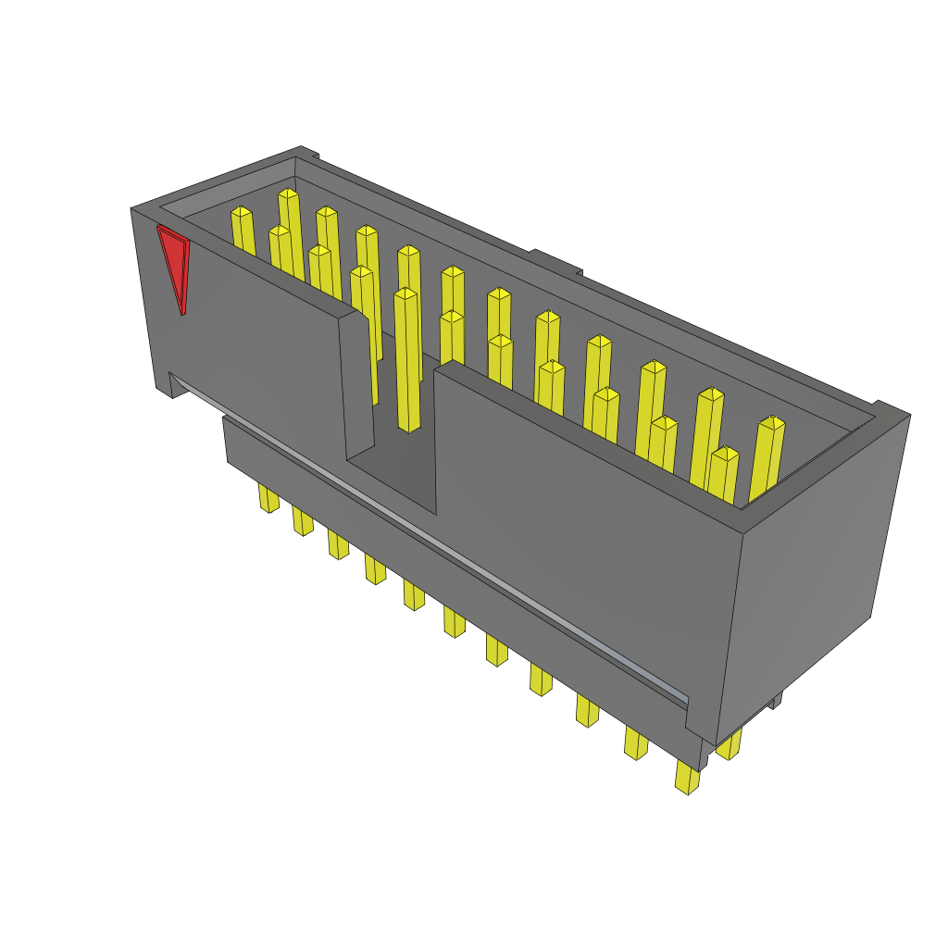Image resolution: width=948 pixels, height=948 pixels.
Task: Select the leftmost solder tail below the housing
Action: [268, 498]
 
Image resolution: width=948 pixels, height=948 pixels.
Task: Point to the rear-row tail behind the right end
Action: [730, 743]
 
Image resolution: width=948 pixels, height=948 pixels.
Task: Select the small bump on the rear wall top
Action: [555, 261]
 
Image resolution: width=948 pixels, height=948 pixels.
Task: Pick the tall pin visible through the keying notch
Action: [407, 361]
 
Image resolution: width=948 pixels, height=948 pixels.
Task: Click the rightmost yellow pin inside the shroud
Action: [767, 458]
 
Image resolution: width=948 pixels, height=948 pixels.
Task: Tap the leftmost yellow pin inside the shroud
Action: [243, 231]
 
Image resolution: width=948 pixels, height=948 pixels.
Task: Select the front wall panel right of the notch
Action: [583, 518]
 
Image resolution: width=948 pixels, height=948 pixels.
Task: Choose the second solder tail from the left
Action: [303, 521]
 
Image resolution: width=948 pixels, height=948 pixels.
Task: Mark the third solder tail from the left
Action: [338, 544]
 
